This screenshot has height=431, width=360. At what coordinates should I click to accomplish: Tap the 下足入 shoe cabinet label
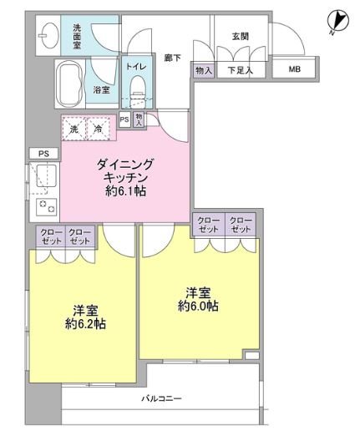click(241, 72)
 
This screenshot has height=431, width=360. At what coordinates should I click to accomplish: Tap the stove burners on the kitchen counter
click(44, 204)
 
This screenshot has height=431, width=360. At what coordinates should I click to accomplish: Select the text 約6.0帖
click(198, 306)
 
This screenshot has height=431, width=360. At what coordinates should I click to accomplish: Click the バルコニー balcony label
click(161, 398)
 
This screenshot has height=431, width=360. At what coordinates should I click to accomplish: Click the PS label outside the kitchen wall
click(43, 154)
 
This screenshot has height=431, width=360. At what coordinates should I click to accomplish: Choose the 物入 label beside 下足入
click(203, 72)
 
